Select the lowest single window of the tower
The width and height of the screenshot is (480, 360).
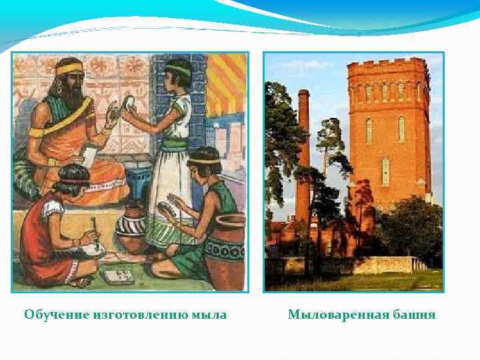click(385, 171)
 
